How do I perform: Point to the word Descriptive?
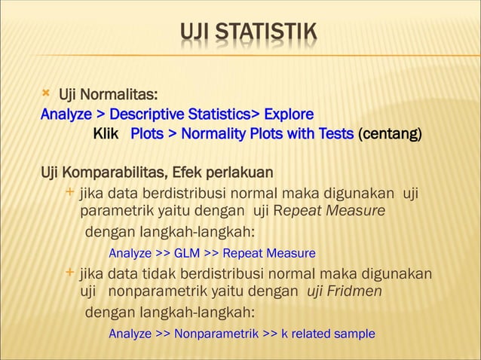pos(145,115)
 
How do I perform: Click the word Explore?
pos(289,115)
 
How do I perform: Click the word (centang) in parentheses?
pos(390,135)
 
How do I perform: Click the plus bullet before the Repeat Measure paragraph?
pos(70,193)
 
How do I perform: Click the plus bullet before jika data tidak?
pos(70,271)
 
